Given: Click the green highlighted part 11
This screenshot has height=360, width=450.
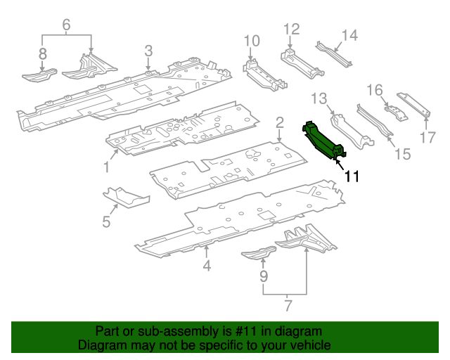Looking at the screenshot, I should point(323,141).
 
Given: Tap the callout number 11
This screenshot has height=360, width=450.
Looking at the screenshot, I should point(351,176).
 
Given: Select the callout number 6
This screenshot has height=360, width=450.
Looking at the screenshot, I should point(67,25).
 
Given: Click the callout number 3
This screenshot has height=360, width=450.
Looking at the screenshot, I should point(148,50).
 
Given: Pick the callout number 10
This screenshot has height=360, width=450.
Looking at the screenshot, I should point(252,41).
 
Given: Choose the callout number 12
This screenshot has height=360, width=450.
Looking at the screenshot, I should point(291,29).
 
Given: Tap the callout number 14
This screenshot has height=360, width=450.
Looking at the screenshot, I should point(349,34).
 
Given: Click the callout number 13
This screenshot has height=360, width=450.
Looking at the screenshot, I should point(319,97).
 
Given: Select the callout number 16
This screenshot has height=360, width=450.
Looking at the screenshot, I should point(375,89).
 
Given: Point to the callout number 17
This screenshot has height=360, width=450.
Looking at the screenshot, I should point(428,137).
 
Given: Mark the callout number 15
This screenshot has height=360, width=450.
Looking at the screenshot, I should point(401,153).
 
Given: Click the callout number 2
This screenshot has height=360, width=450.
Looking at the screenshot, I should point(279,122).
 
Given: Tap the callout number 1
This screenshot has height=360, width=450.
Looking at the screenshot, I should point(106,167).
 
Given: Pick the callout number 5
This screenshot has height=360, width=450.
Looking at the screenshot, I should point(106,222).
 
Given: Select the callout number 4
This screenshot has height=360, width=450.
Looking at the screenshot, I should point(207,266).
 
